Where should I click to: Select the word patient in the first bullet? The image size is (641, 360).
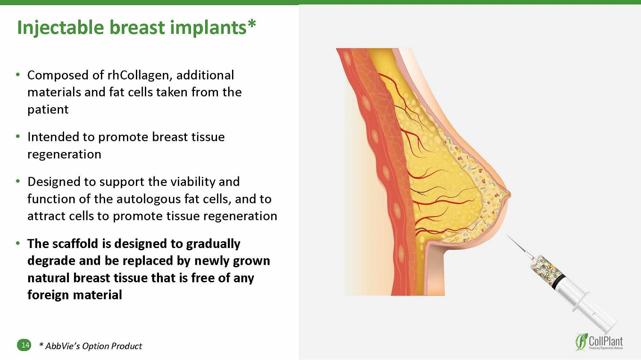coord(48,109)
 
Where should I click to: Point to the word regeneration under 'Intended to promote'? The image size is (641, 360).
coord(65,155)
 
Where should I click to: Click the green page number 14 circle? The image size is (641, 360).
coord(24,345)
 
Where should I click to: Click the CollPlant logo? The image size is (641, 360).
coord(599,342)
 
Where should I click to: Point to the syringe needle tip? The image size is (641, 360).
coord(508,236)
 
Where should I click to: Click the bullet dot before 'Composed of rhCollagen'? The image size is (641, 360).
coord(18,75)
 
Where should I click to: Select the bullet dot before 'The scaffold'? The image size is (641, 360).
coord(18,243)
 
